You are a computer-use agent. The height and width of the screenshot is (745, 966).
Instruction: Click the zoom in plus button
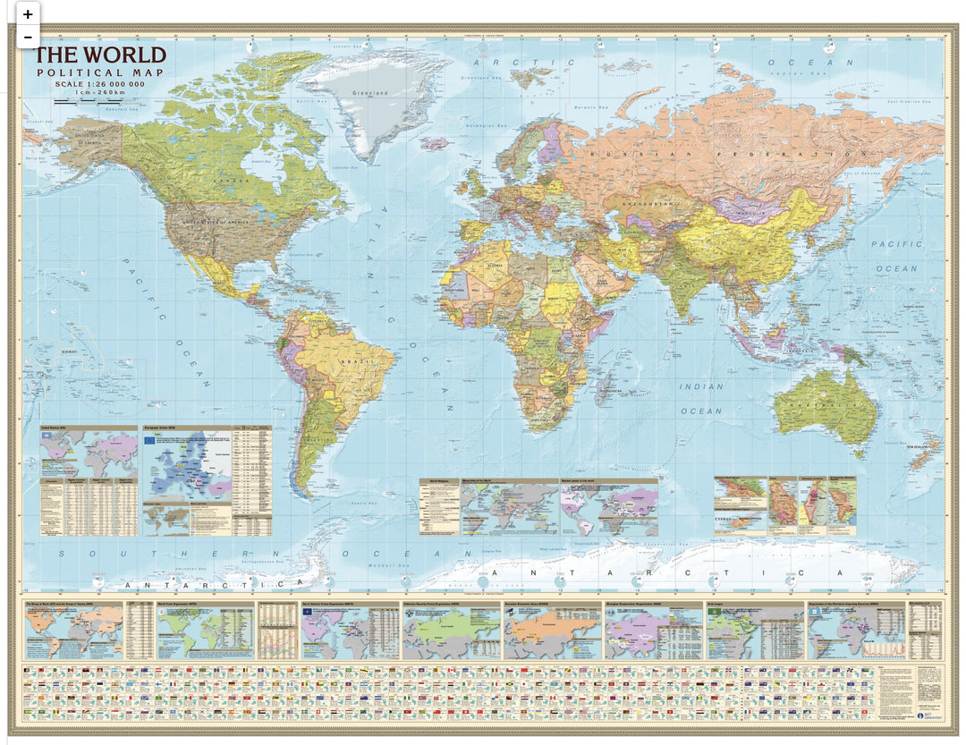click(28, 14)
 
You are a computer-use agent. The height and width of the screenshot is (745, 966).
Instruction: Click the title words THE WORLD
click(88, 56)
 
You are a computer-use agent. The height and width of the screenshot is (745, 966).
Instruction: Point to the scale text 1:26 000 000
click(99, 84)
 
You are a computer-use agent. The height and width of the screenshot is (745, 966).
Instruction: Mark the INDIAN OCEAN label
click(701, 399)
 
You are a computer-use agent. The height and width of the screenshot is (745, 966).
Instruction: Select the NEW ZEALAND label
click(921, 459)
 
